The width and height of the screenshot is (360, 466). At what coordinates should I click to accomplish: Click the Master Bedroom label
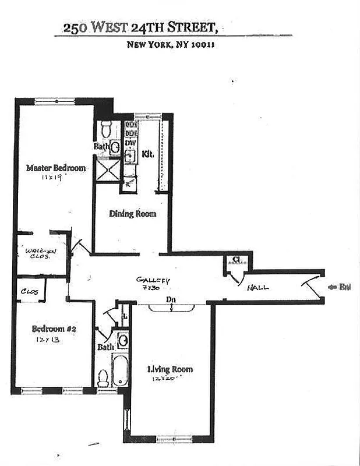coord(56,168)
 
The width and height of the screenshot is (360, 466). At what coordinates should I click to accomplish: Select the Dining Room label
coord(133,214)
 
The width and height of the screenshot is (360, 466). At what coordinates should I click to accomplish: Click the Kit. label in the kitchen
coord(147,154)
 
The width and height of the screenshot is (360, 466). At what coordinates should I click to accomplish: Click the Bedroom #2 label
coord(54,329)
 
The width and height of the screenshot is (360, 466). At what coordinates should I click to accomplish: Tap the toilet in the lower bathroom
coord(104,379)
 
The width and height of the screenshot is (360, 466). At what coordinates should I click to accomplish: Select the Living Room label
coord(170,369)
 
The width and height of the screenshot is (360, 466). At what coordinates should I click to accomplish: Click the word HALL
coord(258,288)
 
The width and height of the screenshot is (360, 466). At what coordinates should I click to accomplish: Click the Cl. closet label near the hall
coord(237,260)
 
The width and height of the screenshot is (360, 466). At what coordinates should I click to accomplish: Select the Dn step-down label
coord(171,300)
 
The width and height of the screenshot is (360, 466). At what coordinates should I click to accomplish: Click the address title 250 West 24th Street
coord(142,27)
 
